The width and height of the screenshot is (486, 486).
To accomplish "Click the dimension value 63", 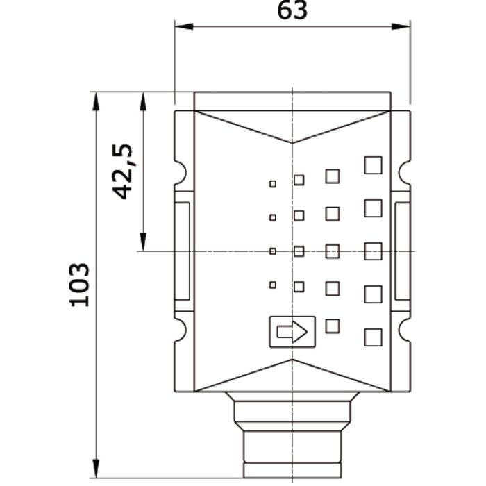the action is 292,10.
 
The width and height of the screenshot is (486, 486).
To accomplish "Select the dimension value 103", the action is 79,285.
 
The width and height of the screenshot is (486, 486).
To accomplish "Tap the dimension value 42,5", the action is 123,171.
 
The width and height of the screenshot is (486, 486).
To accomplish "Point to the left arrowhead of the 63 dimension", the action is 184,26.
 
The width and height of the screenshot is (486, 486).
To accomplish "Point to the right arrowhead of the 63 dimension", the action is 401,26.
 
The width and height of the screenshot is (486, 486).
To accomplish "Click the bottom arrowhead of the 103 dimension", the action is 96,469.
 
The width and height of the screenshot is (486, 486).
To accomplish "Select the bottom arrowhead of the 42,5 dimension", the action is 143,242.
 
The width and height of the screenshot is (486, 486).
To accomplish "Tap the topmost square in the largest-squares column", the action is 374,165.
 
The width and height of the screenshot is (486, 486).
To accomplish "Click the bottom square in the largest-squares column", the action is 374,337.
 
